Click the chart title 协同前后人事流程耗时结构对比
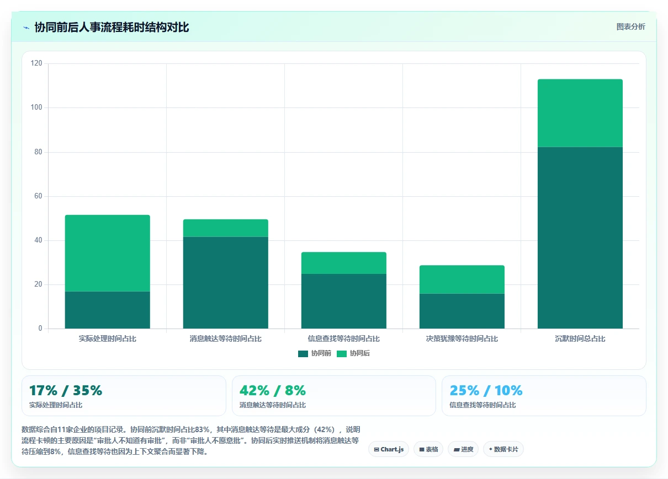112,27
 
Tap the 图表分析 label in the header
630,27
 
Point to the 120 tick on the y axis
36,63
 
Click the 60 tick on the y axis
38,196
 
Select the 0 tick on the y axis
40,328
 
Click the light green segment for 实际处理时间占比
107,253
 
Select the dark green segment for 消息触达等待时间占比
225,283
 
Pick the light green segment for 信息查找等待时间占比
343,263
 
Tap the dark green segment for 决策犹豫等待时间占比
462,311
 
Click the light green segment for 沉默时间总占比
580,113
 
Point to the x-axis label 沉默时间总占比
580,338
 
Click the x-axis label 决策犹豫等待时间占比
462,338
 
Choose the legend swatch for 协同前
303,353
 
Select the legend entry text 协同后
359,353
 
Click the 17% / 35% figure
66,390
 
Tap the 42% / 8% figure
273,390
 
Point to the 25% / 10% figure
486,390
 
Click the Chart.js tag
389,449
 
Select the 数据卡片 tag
503,449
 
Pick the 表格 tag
428,449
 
